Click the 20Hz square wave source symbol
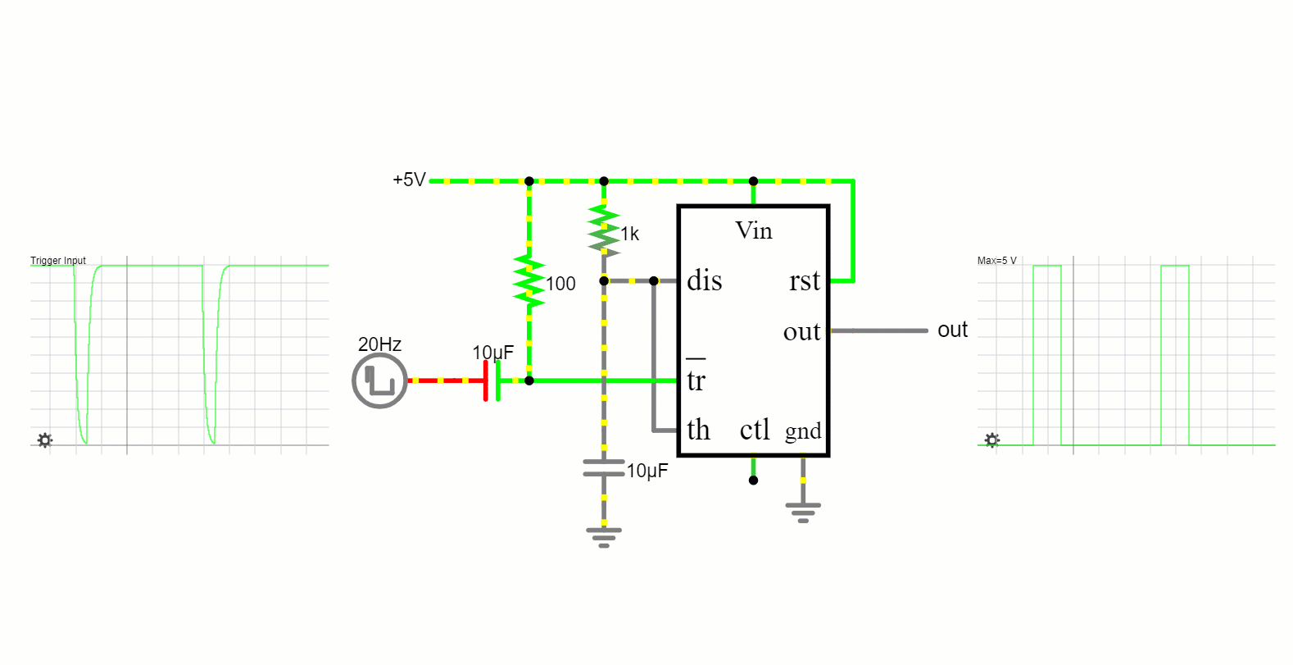pyautogui.click(x=379, y=381)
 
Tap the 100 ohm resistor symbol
pyautogui.click(x=529, y=281)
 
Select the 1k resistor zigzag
pyautogui.click(x=604, y=229)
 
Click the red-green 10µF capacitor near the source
pyautogui.click(x=492, y=380)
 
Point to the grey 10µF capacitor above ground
pyautogui.click(x=604, y=468)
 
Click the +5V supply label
pyautogui.click(x=409, y=180)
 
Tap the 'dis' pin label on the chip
pyautogui.click(x=704, y=281)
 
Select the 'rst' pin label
pyautogui.click(x=804, y=281)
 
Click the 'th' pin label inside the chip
pyautogui.click(x=698, y=430)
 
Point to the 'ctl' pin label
pyautogui.click(x=755, y=430)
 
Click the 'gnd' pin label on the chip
pyautogui.click(x=803, y=431)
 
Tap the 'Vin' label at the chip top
pyautogui.click(x=753, y=231)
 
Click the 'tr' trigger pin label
pyautogui.click(x=696, y=380)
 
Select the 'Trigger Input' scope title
pyautogui.click(x=58, y=261)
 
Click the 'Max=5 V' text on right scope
pyautogui.click(x=996, y=261)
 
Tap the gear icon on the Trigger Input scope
pyautogui.click(x=45, y=440)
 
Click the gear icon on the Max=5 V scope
pyautogui.click(x=992, y=440)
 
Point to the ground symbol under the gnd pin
pyautogui.click(x=803, y=511)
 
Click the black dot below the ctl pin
pyautogui.click(x=753, y=481)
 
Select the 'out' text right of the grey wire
pyautogui.click(x=952, y=330)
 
